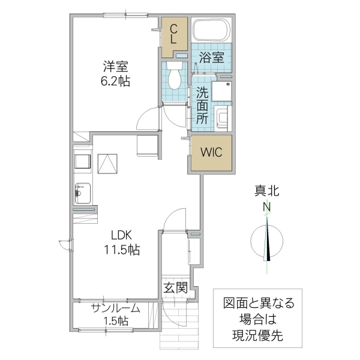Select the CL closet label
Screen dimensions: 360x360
tap(173, 34)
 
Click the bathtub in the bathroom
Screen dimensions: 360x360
tap(210, 31)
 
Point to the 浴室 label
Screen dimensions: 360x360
tap(212, 58)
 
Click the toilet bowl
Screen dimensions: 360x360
tap(175, 76)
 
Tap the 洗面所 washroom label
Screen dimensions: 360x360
tap(203, 105)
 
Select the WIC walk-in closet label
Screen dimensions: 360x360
tap(211, 152)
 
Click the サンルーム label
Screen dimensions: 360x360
tap(116, 308)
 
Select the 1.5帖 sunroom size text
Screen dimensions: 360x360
tap(115, 322)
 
